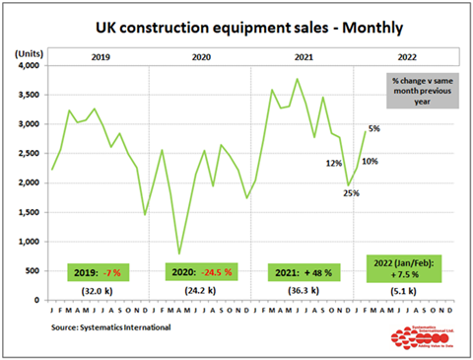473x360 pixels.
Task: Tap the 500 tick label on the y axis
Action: pos(32,271)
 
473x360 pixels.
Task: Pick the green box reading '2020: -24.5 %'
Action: pos(201,272)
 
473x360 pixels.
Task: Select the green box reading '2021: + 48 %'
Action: pos(304,272)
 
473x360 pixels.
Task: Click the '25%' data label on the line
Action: pos(351,193)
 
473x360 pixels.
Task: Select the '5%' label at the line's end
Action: pos(374,129)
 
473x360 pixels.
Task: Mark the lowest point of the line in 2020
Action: pos(178,253)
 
